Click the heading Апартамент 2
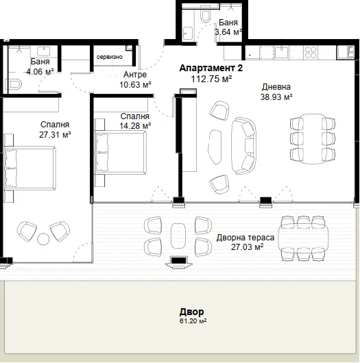(211, 68)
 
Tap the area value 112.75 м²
(211, 79)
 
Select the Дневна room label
(276, 87)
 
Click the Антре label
(135, 75)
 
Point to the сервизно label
(110, 57)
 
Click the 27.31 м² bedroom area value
(55, 134)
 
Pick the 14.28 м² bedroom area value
(135, 126)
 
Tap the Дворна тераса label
(245, 238)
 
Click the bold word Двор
(192, 312)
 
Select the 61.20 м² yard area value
(193, 321)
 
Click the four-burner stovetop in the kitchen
(311, 52)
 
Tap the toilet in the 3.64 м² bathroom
(205, 16)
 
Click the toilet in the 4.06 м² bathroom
(14, 84)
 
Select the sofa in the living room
(243, 146)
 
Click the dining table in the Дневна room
(313, 138)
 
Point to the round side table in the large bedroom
(43, 238)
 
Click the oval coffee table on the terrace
(178, 236)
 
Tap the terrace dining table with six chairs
(304, 238)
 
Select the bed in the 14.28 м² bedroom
(121, 152)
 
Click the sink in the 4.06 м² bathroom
(44, 51)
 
